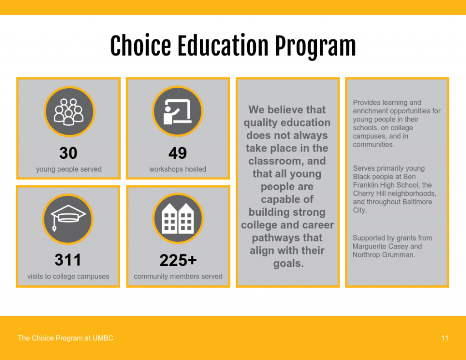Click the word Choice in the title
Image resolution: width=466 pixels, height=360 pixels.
pos(141,46)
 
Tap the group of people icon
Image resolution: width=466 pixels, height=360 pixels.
pos(69,112)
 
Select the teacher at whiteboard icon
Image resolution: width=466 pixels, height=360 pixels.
pos(177,111)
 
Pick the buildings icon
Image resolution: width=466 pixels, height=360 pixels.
pos(178,218)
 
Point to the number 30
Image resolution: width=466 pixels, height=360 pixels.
pos(68,153)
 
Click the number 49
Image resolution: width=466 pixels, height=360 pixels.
pos(177,153)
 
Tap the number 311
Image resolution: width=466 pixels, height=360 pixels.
pos(68,260)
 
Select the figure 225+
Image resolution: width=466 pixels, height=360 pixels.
pos(178,260)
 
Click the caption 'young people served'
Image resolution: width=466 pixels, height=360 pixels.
pos(69,169)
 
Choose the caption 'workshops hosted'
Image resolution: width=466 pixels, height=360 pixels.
pos(178,169)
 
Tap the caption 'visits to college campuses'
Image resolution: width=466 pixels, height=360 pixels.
pos(68,276)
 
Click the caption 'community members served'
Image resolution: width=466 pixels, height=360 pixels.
pos(178,276)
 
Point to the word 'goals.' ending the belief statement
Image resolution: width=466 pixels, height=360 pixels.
pos(289,264)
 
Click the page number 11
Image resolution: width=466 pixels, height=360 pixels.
pos(445,338)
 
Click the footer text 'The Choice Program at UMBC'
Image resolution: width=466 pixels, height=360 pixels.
pos(66,338)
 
